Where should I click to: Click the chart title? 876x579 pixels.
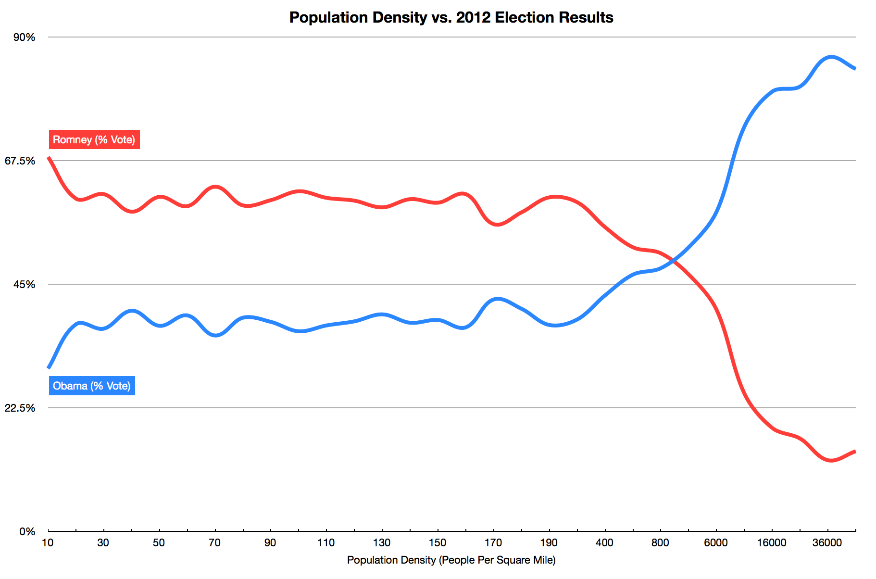(451, 17)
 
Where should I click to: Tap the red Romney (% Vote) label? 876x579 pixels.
(94, 139)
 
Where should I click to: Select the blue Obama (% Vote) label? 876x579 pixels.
(92, 386)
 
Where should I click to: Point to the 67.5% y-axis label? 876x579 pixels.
(20, 161)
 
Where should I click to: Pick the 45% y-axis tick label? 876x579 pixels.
(24, 285)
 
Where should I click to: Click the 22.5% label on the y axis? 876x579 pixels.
(20, 408)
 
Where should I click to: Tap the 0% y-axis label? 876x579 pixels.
(27, 532)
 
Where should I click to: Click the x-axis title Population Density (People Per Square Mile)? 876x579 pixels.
(451, 560)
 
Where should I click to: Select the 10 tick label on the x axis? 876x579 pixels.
(48, 543)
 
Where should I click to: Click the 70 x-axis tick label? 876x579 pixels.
(214, 543)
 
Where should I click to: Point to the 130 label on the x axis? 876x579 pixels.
(382, 543)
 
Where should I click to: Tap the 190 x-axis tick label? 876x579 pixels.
(549, 543)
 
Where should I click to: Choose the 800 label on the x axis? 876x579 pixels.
(660, 543)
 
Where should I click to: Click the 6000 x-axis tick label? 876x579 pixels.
(716, 543)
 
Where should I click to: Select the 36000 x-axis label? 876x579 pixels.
(827, 543)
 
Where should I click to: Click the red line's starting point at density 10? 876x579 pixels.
(49, 157)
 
